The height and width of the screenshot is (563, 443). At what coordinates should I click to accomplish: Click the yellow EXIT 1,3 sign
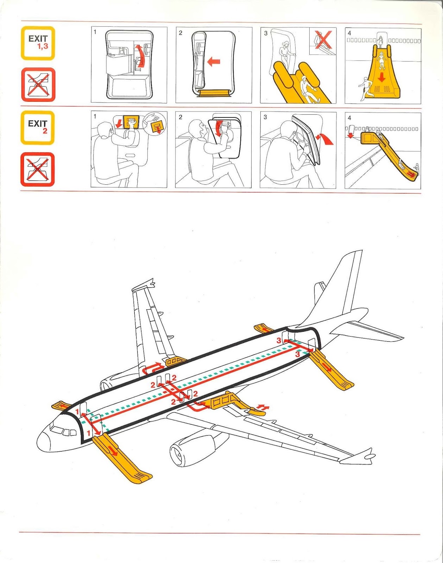(x=38, y=43)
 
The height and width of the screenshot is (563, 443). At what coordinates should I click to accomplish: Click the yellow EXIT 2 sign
(x=37, y=128)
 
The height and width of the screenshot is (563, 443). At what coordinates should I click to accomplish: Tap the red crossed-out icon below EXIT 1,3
(x=38, y=85)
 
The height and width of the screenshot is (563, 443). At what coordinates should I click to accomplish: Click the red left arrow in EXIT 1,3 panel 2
(x=214, y=62)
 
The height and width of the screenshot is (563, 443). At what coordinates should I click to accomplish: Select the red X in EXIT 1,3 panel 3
(x=323, y=40)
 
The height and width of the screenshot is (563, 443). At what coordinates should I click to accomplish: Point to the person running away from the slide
(x=365, y=88)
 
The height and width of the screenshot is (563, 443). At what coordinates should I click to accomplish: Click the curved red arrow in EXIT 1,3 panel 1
(x=141, y=56)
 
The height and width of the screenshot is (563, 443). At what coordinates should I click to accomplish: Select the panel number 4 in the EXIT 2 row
(x=349, y=118)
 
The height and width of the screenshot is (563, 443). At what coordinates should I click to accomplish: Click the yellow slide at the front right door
(x=121, y=459)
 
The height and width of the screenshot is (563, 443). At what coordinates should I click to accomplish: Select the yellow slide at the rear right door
(x=331, y=369)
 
